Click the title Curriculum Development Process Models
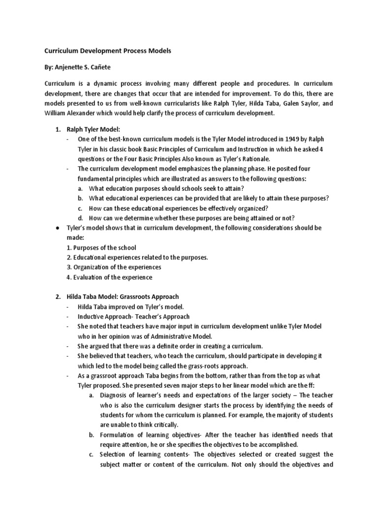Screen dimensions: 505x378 pos(108,51)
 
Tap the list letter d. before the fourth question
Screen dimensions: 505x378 pos(80,218)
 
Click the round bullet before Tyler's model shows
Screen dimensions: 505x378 pos(58,228)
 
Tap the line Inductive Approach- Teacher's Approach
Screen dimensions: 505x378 pos(133,317)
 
